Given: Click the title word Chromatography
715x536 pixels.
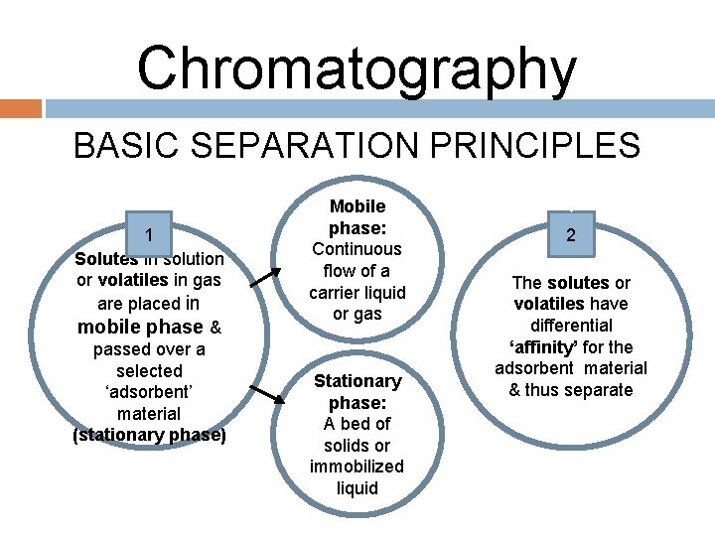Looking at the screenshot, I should click(357, 69).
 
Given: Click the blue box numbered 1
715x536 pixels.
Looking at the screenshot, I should click(148, 235).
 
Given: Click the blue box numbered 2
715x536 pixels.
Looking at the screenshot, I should click(571, 234).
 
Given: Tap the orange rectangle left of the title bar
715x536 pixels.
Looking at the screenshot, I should click(20, 107).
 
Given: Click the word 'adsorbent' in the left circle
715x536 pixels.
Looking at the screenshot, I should click(149, 392).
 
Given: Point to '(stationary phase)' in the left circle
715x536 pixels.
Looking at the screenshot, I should click(149, 435).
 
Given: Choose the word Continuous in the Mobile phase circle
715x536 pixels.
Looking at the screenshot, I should click(357, 249).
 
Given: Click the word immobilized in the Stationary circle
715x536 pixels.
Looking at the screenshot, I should click(357, 467).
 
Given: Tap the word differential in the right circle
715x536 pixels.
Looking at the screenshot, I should click(571, 325).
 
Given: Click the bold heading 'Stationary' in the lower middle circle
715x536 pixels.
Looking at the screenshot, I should click(357, 381).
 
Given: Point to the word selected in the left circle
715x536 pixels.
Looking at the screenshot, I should click(149, 370).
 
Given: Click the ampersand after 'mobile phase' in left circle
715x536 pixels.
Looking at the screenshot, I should click(215, 328).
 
